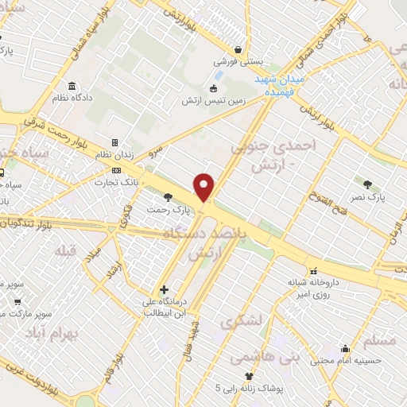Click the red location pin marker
point(204,188)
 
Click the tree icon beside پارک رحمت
point(168,197)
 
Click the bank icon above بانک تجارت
point(117,169)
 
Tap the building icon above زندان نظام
point(115,143)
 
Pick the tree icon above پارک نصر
point(367,184)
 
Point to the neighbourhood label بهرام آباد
point(72,334)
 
